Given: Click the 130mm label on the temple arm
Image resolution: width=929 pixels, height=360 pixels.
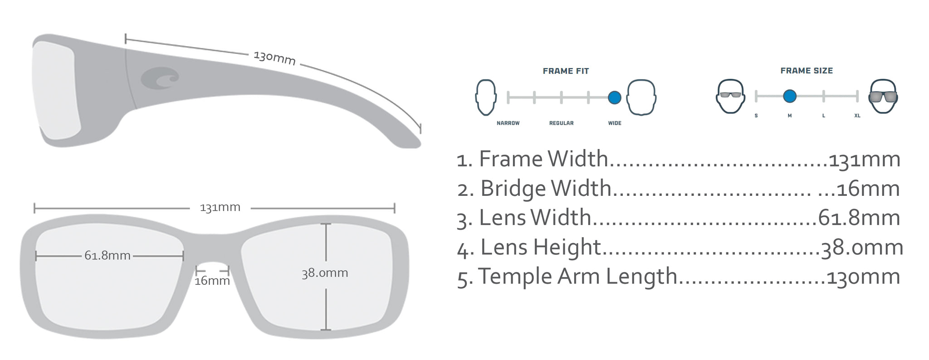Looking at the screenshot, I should pos(274,58).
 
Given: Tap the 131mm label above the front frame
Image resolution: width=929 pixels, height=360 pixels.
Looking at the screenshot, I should pos(220,208).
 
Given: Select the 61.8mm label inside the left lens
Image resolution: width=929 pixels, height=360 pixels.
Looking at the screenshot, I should pos(108,256).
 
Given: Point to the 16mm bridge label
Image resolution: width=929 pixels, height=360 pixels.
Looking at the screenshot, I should pos(212,281).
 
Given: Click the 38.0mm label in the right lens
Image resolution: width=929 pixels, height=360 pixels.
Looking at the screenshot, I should pos(325,273).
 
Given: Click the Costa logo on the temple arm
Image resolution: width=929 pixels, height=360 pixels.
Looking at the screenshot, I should pos(160,78).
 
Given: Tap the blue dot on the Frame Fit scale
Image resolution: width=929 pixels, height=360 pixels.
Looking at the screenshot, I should pos(614,97).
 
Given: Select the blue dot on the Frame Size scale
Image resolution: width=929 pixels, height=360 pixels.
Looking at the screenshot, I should pos(789,96).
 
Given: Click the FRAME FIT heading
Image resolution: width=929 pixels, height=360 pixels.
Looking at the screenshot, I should pos(566,71).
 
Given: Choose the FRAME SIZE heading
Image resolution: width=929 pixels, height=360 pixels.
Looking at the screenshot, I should pos(807,71).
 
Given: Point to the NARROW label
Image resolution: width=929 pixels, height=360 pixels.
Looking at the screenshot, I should pos(508,123).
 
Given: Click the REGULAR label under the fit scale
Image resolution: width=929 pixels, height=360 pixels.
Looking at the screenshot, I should pos(561,123).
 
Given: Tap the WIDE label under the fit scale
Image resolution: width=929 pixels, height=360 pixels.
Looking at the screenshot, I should pos(615,123).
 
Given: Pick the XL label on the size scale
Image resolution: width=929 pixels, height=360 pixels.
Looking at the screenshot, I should pos(857,116).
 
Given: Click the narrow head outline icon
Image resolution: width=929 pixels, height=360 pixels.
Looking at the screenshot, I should pos(485,97).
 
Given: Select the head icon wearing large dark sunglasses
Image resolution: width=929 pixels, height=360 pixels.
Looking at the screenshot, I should pos(883,96).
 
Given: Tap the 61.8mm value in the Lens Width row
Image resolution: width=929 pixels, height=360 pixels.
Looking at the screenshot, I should pos(859,218).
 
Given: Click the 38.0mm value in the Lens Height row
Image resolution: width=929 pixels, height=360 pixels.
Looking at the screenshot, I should pos(862,248).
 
